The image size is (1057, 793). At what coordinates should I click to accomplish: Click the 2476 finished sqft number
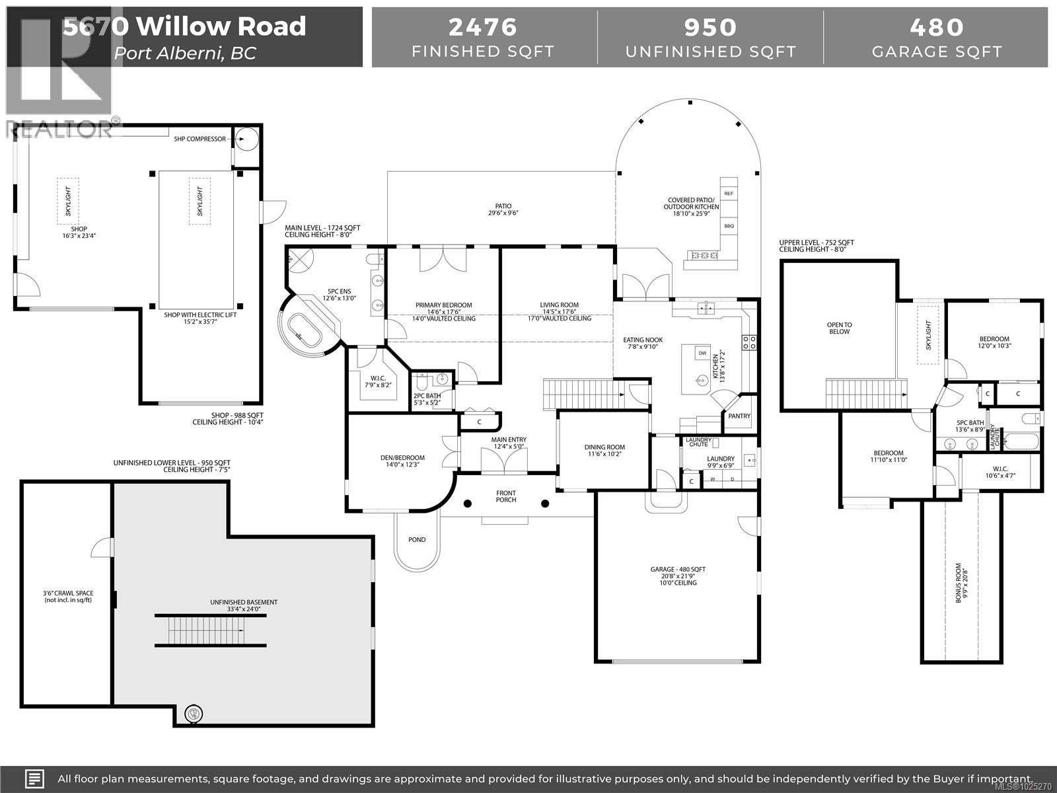coord(483,27)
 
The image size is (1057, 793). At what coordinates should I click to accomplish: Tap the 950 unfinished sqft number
coord(710,27)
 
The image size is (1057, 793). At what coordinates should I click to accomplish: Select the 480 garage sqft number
coord(937,27)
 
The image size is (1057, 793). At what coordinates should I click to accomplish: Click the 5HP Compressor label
coord(200,139)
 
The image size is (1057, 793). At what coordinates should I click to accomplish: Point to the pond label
coord(417,540)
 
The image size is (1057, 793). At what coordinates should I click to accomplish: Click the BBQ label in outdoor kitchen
coord(729,226)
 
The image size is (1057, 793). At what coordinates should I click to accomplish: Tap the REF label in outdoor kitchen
coord(729,194)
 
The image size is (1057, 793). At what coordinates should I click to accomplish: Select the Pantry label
coord(739,416)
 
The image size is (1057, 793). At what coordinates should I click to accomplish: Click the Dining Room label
coord(604,447)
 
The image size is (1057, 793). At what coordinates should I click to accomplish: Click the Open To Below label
coord(839,328)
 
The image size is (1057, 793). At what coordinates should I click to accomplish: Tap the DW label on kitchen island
coord(702,354)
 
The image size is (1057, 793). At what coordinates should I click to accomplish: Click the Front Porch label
coord(506,496)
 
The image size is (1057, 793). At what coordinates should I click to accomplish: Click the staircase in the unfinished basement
coord(210,631)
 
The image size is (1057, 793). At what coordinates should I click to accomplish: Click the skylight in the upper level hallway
coord(928,334)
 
